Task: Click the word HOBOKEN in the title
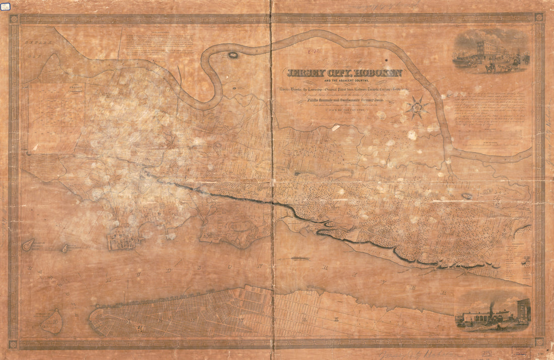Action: (373, 73)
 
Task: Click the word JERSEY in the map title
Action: (303, 73)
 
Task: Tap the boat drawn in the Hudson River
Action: (301, 259)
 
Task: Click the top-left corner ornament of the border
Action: (14, 19)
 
